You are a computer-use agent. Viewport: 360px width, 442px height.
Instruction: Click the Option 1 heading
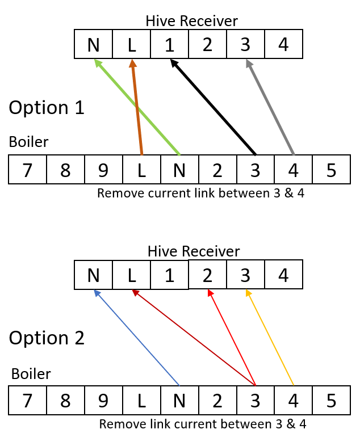tap(47, 108)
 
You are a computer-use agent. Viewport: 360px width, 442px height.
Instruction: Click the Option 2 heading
tap(47, 338)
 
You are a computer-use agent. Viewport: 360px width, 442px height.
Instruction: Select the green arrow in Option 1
tap(137, 107)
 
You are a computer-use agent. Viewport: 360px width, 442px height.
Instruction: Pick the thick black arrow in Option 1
tap(214, 107)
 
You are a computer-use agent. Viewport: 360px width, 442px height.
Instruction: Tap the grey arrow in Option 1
tap(270, 107)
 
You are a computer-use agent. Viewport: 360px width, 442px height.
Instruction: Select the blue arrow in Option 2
tap(136, 338)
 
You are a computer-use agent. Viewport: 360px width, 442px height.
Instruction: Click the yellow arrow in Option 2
tap(270, 338)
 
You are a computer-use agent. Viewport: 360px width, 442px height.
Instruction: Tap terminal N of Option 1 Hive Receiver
tap(93, 44)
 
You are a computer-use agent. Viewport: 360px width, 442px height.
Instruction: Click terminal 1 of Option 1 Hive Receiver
tap(169, 44)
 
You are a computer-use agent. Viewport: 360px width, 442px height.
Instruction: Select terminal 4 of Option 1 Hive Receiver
tap(283, 44)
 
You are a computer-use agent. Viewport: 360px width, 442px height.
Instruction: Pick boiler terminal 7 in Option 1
tap(27, 170)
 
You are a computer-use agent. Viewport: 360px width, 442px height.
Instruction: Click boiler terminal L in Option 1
tap(141, 170)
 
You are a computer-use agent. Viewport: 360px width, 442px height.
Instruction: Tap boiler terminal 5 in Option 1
tap(331, 170)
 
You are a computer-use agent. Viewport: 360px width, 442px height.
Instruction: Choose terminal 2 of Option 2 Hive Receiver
tap(207, 275)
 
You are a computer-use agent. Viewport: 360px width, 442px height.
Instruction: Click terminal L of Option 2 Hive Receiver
tap(131, 275)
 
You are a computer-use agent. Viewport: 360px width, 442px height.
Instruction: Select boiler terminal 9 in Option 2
tap(103, 401)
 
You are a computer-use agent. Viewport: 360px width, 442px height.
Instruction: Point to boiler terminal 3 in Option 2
tap(255, 401)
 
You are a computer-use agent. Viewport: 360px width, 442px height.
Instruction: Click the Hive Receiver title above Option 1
tap(191, 21)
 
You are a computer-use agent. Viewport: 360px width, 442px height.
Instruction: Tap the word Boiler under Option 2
tap(31, 374)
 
